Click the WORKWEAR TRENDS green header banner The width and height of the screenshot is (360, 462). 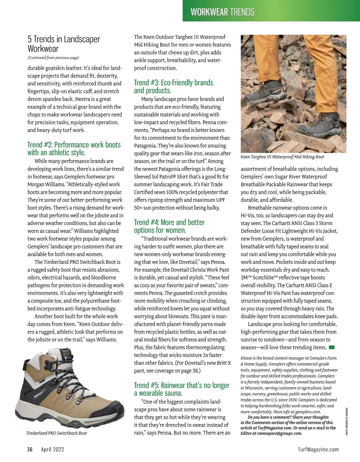(222, 12)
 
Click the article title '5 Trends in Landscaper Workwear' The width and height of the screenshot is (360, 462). (64, 44)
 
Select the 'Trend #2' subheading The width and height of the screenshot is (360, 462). (74, 148)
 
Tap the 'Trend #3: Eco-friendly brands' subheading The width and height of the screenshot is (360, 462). (173, 86)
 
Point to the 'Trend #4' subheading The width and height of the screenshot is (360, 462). (169, 226)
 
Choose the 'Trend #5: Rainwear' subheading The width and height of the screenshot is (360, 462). (181, 389)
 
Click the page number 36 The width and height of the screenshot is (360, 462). (30, 449)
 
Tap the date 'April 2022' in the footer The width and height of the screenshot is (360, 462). (52, 449)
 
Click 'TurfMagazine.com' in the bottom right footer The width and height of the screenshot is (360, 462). (318, 449)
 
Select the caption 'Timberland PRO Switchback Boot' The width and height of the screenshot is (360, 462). (56, 433)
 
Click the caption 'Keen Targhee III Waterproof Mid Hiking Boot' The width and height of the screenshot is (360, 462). (282, 157)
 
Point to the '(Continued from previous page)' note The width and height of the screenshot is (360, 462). (53, 58)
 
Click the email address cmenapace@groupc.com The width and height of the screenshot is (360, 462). (280, 433)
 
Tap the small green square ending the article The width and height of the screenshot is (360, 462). (331, 347)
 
